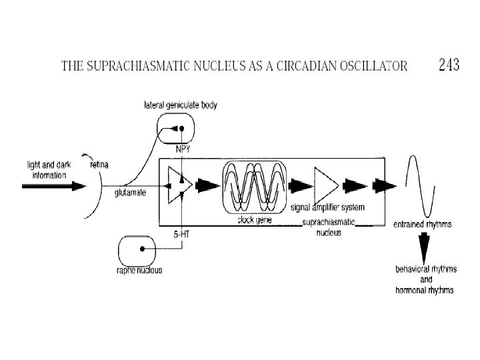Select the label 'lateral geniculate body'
point(181,105)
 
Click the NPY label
point(182,149)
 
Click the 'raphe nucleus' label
point(140,271)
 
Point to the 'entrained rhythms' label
point(422,225)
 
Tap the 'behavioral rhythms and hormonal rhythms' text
point(425,280)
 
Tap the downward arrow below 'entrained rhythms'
point(423,249)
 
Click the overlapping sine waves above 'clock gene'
point(255,185)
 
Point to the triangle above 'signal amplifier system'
point(326,184)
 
